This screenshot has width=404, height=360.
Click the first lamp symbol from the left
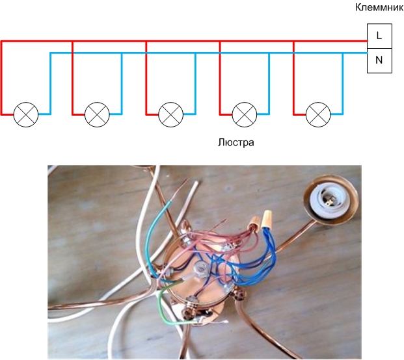click(x=26, y=114)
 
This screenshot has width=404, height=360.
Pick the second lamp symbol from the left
click(x=98, y=114)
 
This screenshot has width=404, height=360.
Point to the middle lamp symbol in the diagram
click(x=171, y=114)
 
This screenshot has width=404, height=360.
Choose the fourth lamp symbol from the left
click(x=245, y=114)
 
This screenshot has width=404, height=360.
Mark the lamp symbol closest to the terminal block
click(x=318, y=114)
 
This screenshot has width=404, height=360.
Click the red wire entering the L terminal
click(x=355, y=41)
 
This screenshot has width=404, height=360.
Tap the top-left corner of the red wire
click(x=2, y=42)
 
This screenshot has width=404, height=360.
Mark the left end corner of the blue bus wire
click(x=51, y=54)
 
